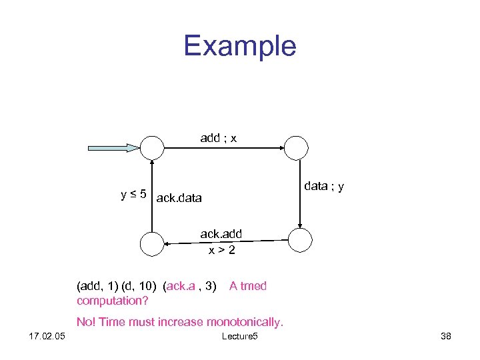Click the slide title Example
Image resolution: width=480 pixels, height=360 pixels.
pyautogui.click(x=239, y=46)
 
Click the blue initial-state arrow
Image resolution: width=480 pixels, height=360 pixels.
pyautogui.click(x=114, y=147)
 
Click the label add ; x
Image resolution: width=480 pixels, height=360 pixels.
pyautogui.click(x=218, y=139)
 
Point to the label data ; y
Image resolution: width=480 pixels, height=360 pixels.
pyautogui.click(x=324, y=187)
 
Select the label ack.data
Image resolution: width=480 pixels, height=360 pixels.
pyautogui.click(x=179, y=198)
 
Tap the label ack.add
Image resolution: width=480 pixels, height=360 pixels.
pyautogui.click(x=221, y=234)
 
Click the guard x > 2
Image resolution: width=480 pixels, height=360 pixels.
pyautogui.click(x=221, y=250)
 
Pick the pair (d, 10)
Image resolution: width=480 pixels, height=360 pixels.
pyautogui.click(x=140, y=286)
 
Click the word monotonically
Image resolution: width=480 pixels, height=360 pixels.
pyautogui.click(x=245, y=322)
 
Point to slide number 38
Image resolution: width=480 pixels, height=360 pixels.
pyautogui.click(x=445, y=337)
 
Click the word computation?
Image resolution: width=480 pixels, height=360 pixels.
pyautogui.click(x=112, y=301)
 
